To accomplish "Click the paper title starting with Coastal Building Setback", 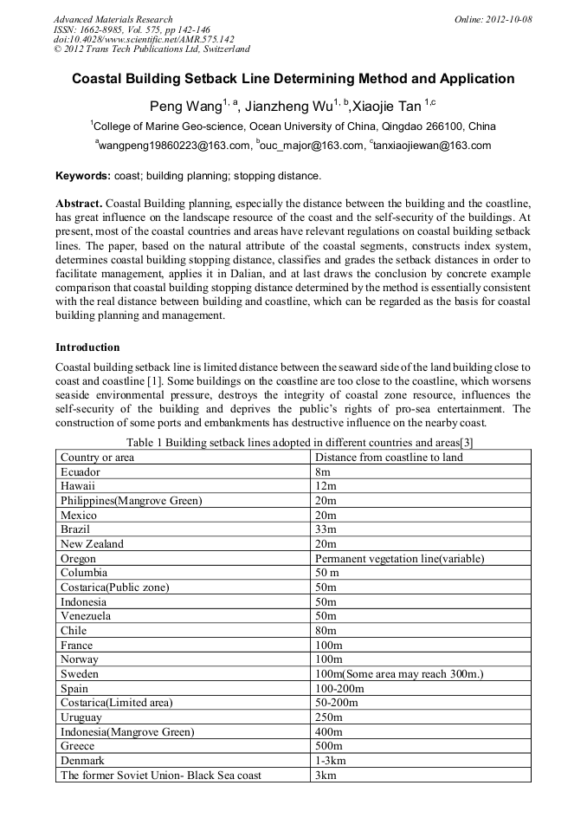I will pyautogui.click(x=293, y=79).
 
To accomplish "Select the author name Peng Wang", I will pyautogui.click(x=185, y=107).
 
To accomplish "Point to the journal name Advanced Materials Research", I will pyautogui.click(x=113, y=19).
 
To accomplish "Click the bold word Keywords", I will pyautogui.click(x=82, y=176).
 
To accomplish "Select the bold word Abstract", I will pyautogui.click(x=79, y=203).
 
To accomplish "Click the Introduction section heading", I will pyautogui.click(x=87, y=347).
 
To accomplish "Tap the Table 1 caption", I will pyautogui.click(x=293, y=443).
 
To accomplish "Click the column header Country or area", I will pyautogui.click(x=97, y=458).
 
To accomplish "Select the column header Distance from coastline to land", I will pyautogui.click(x=389, y=458).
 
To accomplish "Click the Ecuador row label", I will pyautogui.click(x=81, y=472).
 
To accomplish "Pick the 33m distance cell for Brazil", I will pyautogui.click(x=326, y=529).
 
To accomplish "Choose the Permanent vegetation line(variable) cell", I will pyautogui.click(x=399, y=559).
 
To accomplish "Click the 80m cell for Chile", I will pyautogui.click(x=326, y=631).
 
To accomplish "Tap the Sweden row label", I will pyautogui.click(x=80, y=674).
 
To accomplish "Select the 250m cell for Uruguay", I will pyautogui.click(x=329, y=717).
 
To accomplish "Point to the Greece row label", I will pyautogui.click(x=77, y=746).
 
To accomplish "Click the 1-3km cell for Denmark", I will pyautogui.click(x=331, y=761).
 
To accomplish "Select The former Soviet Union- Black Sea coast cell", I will pyautogui.click(x=160, y=776).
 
